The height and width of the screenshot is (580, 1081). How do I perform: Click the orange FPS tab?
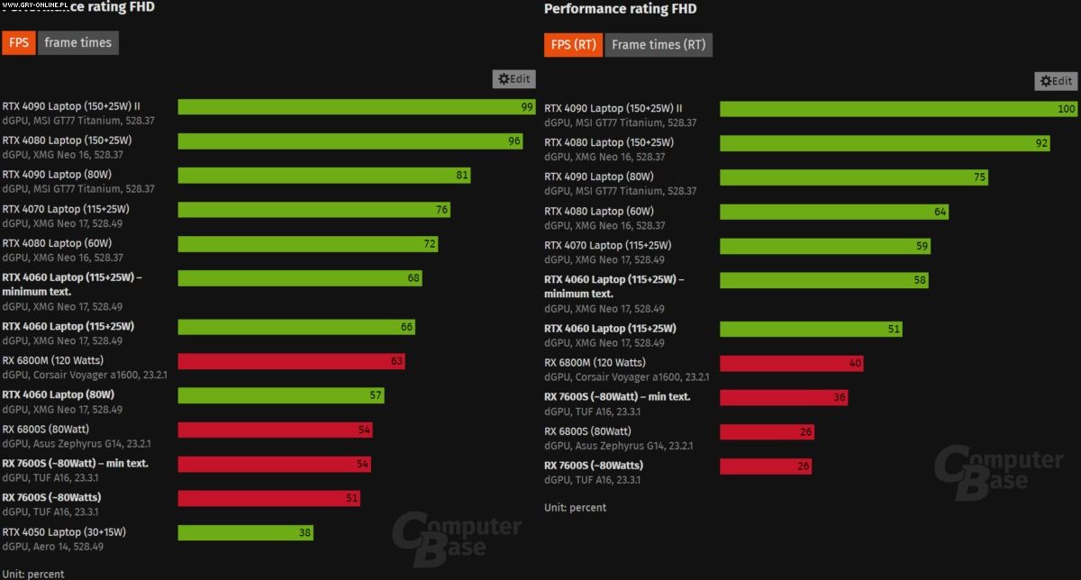tap(18, 42)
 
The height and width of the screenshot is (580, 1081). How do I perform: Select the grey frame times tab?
tap(77, 42)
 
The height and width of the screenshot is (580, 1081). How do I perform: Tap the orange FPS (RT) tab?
tap(573, 44)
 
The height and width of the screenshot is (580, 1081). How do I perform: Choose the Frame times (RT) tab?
tap(659, 44)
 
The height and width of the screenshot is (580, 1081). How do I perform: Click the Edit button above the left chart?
tap(514, 79)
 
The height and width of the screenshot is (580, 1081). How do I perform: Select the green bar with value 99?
tap(357, 107)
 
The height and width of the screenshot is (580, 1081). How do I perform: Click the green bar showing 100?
tap(899, 109)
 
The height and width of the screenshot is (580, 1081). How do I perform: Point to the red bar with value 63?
tap(291, 361)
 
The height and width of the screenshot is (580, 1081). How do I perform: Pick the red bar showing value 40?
tap(792, 363)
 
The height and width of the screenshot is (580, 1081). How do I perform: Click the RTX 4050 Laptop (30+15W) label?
tap(64, 531)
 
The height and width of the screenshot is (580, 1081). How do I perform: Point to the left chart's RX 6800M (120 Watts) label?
tap(53, 360)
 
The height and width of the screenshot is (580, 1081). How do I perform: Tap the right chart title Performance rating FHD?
tap(620, 9)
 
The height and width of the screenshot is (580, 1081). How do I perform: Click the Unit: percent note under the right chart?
tap(575, 507)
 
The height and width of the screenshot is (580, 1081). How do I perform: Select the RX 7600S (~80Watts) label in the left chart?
tap(51, 497)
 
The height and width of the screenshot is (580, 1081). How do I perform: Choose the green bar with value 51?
tap(811, 329)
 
